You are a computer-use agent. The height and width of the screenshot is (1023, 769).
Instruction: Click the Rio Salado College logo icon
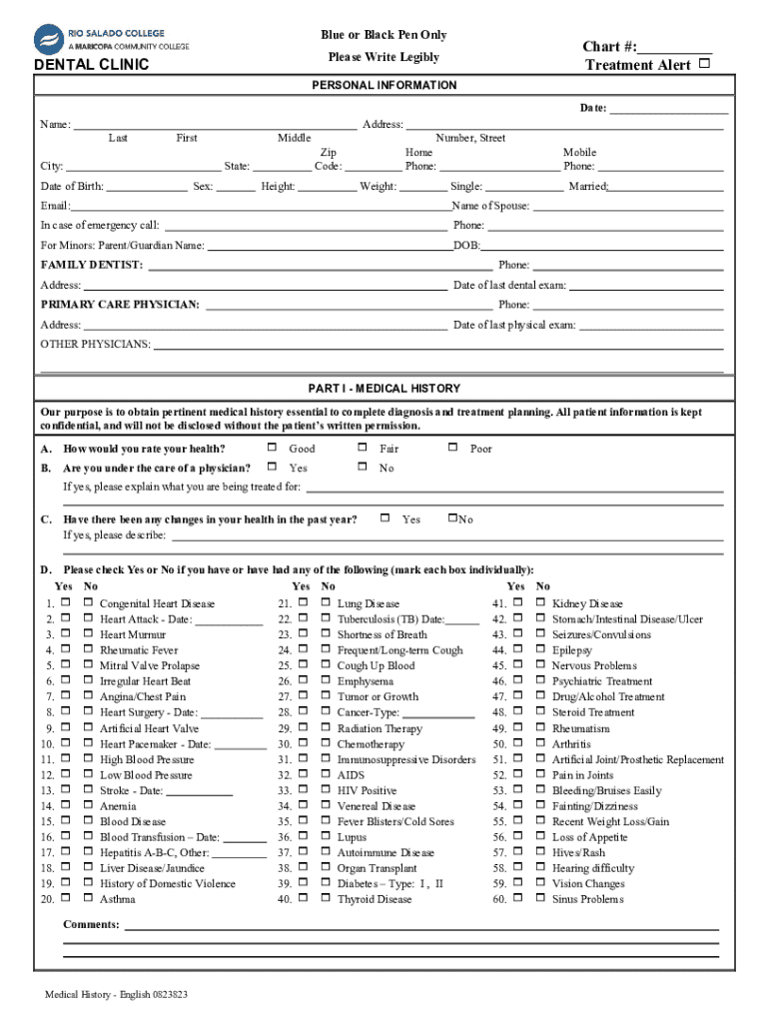(x=49, y=40)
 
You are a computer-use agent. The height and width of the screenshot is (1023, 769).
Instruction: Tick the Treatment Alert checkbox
(x=705, y=64)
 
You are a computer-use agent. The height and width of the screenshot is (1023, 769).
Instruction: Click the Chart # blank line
(x=675, y=47)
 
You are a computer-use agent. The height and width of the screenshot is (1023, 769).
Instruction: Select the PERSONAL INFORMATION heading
(x=384, y=86)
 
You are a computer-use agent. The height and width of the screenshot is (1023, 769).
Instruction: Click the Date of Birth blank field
(x=146, y=187)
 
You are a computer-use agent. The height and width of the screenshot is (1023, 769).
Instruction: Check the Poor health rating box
(x=453, y=449)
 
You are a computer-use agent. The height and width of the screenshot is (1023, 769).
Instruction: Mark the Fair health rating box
(x=363, y=449)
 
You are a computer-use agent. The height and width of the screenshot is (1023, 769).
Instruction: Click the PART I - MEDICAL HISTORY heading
(x=384, y=388)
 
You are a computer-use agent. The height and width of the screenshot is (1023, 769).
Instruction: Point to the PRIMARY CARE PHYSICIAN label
(x=119, y=305)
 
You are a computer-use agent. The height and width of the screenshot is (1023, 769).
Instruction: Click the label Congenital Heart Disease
(x=157, y=604)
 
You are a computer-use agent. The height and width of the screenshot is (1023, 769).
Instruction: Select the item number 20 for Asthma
(x=47, y=899)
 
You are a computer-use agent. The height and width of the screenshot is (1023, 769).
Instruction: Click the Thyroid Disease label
(x=374, y=899)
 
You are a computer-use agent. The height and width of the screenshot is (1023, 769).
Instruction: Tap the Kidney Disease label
(x=587, y=604)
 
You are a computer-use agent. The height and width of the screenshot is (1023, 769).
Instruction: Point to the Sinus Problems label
(x=587, y=899)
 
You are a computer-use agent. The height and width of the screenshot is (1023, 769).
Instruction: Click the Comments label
(x=91, y=925)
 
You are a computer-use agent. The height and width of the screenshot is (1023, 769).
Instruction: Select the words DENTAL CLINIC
(x=91, y=65)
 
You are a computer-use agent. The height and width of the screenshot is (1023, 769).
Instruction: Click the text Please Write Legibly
(x=384, y=57)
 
